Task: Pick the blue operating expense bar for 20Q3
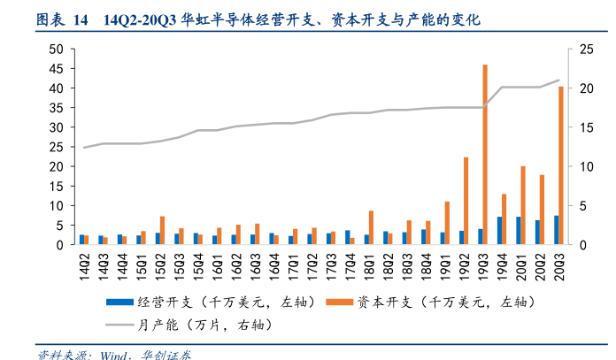556,230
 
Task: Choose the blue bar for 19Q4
499,230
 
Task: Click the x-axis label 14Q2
85,264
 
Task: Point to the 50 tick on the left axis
56,50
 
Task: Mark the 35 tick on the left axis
56,108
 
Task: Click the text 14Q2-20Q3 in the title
140,19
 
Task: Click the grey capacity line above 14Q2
85,147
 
